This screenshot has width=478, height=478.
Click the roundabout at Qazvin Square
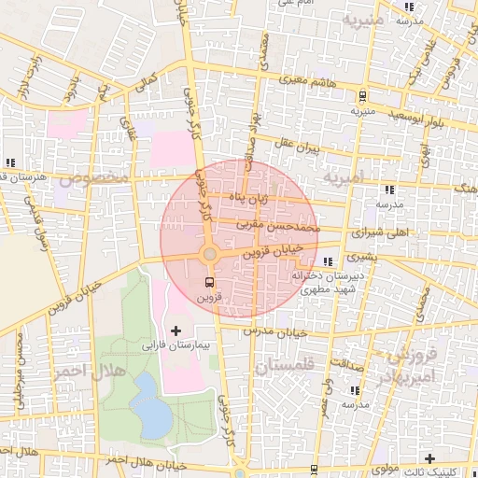(x=210, y=255)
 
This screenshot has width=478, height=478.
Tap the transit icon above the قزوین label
(x=207, y=281)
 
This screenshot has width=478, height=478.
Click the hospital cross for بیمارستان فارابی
(x=176, y=330)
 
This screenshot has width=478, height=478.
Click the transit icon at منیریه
(x=361, y=96)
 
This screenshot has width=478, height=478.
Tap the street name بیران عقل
(x=297, y=146)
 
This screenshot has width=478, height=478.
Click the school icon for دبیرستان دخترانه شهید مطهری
(x=327, y=261)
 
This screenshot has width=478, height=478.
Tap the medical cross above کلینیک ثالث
(x=429, y=458)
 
